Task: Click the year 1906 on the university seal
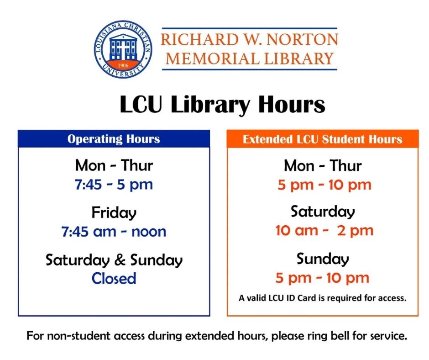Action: click(x=123, y=65)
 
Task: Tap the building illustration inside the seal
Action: click(x=123, y=47)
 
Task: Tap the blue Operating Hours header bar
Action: click(x=114, y=139)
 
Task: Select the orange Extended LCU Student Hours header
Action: click(x=322, y=139)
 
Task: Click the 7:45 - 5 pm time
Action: click(x=114, y=185)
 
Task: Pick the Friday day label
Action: click(x=114, y=212)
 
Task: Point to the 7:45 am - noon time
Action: click(x=114, y=231)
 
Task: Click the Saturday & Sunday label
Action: click(x=114, y=260)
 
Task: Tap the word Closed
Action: click(x=114, y=278)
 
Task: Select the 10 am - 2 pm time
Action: click(x=324, y=231)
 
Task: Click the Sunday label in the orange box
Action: click(x=323, y=259)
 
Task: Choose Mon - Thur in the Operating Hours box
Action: click(x=114, y=165)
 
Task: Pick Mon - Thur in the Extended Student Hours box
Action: click(x=323, y=165)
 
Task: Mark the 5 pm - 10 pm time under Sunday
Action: click(x=322, y=278)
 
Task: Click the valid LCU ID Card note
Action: click(x=322, y=298)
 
